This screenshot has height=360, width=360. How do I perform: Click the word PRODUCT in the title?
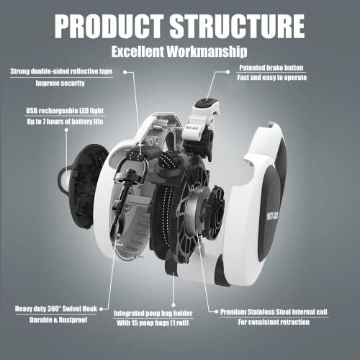pos(109,26)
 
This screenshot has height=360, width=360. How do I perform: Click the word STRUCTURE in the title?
pos(237,26)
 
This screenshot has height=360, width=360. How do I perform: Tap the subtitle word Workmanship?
pos(207,51)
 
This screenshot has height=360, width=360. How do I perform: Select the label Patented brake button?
pos(271,68)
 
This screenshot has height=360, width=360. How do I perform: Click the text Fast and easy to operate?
pos(272,78)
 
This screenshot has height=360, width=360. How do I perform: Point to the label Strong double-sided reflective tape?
pos(61,71)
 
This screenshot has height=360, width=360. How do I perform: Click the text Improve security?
pos(60,83)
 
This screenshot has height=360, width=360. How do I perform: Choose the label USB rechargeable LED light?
pos(65,111)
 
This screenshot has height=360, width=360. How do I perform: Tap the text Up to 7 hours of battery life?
pos(65,122)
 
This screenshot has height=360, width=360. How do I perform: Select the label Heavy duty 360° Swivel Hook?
pos(56,309)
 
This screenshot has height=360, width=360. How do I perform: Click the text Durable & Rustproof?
pos(58,320)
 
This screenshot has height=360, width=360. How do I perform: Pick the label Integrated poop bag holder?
pos(153,313)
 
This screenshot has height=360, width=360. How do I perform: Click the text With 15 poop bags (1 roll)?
pos(153,323)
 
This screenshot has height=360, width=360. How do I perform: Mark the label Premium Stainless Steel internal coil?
pos(274,312)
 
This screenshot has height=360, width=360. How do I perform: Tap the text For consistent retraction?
pos(274,322)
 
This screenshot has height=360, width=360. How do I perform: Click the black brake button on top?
pos(206,104)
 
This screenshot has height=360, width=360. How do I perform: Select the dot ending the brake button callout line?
pos(228,71)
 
